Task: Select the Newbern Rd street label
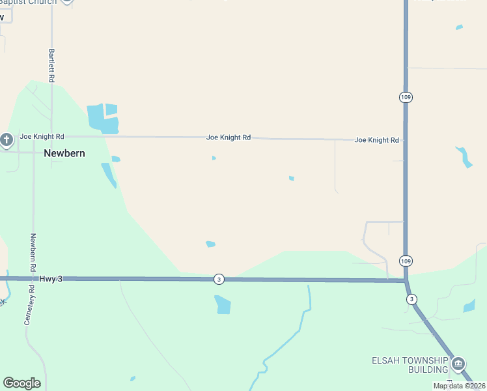coord(33,253)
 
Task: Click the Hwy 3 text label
coord(51,278)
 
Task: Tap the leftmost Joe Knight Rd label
coord(42,137)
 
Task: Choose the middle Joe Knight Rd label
coord(229,138)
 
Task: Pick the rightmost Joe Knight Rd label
coord(376,140)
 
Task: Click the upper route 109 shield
coord(406,96)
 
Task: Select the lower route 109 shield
coord(406,261)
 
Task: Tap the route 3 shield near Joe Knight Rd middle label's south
coord(219,279)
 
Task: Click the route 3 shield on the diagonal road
coord(411,299)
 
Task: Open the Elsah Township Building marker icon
coord(458,363)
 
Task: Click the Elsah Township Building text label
coord(410,365)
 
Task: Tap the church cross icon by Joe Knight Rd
coord(7,139)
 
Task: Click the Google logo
coord(21,383)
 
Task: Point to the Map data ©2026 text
coord(459,386)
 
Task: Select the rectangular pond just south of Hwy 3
coord(223,304)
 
